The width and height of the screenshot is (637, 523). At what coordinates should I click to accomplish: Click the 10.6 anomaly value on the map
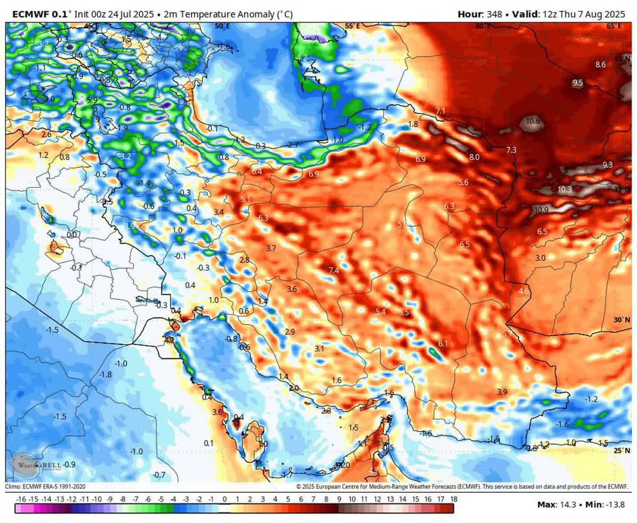[533, 121]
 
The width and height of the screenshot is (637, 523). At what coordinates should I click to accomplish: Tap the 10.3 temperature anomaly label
[564, 189]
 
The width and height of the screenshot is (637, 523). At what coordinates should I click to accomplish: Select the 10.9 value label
[541, 210]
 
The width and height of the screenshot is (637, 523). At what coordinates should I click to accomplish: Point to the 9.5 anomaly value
[578, 83]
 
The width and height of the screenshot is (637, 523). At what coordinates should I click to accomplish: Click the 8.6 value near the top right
[600, 65]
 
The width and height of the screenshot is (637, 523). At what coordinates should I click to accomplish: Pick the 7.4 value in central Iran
[334, 271]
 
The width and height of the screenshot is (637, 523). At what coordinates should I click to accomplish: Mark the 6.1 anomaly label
[443, 344]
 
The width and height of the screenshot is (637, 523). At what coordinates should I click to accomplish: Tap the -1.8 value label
[105, 375]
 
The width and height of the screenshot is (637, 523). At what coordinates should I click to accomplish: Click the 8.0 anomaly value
[474, 157]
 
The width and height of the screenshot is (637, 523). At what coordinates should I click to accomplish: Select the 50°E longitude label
[222, 27]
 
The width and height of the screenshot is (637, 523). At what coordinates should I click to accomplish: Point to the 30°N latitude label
[621, 320]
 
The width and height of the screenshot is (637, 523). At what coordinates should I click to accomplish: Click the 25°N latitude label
[621, 451]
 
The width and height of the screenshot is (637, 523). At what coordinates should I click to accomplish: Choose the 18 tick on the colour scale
[454, 499]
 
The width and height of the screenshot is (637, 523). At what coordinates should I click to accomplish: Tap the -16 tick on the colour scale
[21, 499]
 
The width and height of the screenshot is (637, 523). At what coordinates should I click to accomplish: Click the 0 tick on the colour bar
[224, 499]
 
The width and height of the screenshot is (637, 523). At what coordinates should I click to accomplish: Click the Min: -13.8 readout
[605, 505]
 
